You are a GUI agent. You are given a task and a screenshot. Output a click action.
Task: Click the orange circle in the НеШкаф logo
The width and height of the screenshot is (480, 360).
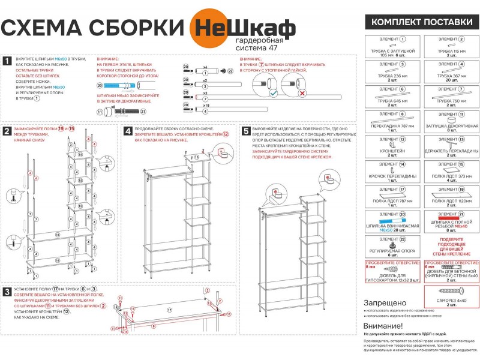(208, 27)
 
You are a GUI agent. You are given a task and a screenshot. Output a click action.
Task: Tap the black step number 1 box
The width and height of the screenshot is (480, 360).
(7, 61)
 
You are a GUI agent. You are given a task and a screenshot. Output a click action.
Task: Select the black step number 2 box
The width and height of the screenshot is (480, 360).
(7, 130)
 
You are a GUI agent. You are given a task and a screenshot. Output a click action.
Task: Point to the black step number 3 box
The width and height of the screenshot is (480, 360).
(7, 291)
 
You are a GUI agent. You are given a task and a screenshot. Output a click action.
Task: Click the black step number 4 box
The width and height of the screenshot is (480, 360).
(127, 130)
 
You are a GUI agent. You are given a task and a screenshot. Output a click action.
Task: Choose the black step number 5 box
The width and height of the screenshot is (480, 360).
(245, 130)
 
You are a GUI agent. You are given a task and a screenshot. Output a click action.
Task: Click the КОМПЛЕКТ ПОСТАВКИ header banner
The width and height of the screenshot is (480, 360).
(422, 22)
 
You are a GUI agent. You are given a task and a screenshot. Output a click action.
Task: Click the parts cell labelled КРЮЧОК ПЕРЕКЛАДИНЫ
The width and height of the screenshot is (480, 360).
(393, 172)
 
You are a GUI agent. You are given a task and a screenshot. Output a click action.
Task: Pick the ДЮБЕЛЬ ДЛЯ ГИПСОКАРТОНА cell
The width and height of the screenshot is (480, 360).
(393, 274)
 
